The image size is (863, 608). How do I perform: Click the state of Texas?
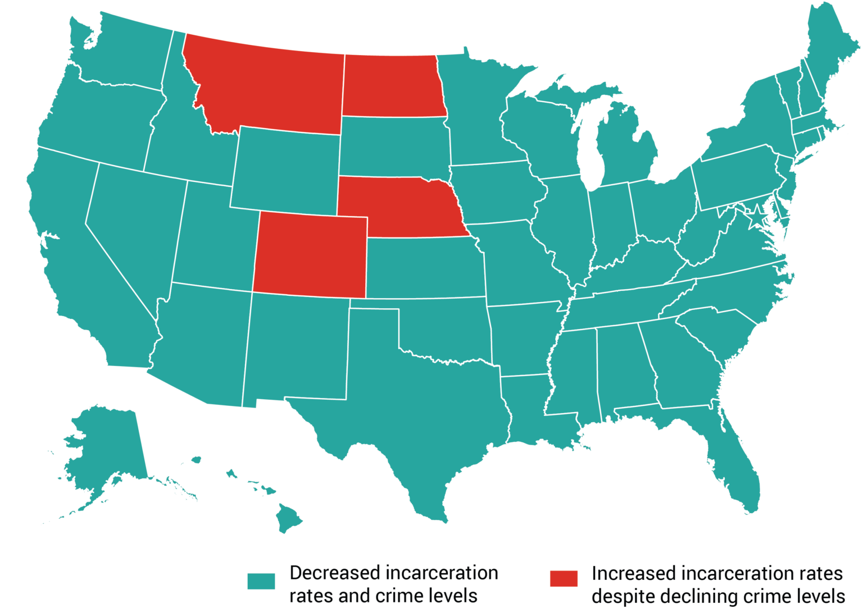coord(416,415)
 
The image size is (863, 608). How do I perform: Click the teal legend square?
coord(261,580)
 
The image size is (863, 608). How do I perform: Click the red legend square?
coord(564,578)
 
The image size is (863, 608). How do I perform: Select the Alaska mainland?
coord(107,444)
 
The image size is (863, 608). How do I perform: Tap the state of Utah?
coord(214,236)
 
